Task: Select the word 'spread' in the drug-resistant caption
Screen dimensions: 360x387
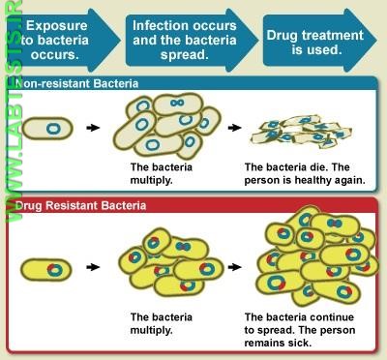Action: [x=272, y=329]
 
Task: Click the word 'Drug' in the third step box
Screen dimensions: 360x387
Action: [x=287, y=32]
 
